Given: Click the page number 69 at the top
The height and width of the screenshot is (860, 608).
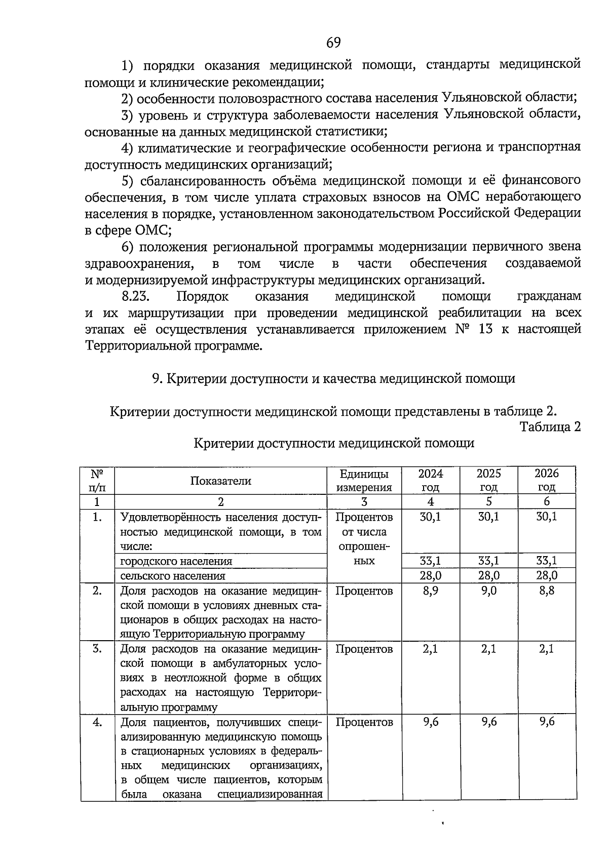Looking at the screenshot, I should (x=333, y=43).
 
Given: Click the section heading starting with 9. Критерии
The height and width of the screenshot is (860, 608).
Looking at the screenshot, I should (x=333, y=378).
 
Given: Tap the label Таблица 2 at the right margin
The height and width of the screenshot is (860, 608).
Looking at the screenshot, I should (x=550, y=427).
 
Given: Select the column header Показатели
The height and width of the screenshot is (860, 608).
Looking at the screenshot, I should (x=220, y=481).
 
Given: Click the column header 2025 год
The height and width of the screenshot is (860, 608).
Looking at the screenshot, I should (x=488, y=480).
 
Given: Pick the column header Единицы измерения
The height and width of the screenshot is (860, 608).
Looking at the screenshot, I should (x=364, y=480).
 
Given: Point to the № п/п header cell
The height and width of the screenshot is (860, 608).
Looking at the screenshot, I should (x=97, y=480).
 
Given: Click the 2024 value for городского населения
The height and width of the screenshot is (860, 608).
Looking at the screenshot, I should (x=430, y=561).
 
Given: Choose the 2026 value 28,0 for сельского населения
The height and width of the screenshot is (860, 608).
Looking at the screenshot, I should (x=547, y=575).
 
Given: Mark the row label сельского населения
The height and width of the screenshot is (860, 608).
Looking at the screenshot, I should (x=172, y=576).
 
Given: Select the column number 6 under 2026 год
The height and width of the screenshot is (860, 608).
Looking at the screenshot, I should (x=547, y=502).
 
